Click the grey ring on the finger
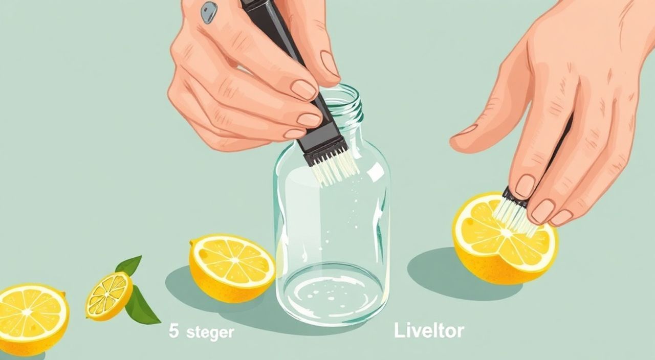[x=209, y=12]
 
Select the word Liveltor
[x=429, y=331]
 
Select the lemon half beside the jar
[x=232, y=267]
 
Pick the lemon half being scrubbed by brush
[x=505, y=238]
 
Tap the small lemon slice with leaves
[x=109, y=296]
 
